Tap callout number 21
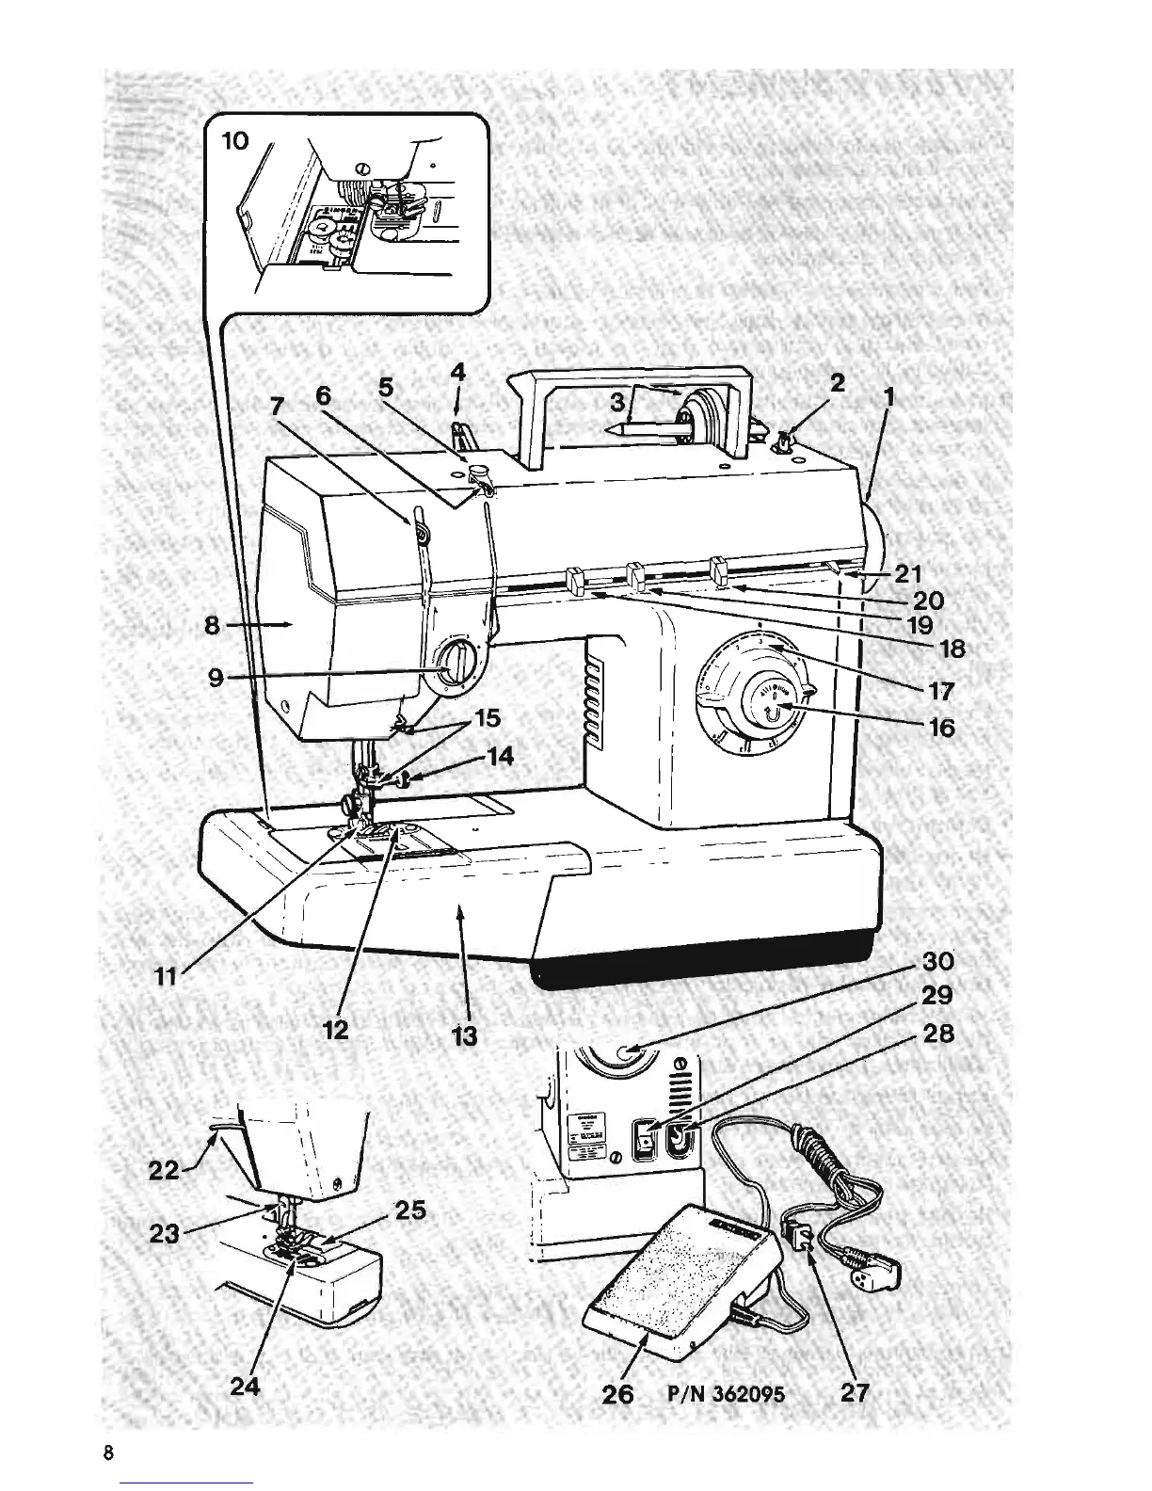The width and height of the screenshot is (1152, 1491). click(909, 573)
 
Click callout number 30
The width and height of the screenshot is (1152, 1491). click(937, 961)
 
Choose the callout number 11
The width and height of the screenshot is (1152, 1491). click(166, 977)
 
